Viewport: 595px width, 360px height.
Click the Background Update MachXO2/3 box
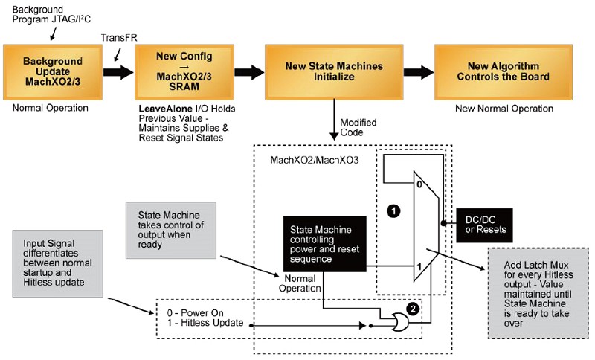pos(53,72)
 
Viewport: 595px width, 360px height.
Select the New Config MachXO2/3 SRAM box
pos(184,72)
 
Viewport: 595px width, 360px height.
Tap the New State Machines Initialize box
pos(334,72)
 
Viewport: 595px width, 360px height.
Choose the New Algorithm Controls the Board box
pos(504,72)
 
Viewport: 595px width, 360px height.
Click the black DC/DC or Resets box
pos(484,225)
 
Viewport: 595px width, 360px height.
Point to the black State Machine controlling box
pos(325,244)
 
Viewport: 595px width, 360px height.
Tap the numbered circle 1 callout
pos(393,211)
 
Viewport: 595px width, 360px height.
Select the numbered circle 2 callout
pos(413,309)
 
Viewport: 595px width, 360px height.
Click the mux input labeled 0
pos(419,184)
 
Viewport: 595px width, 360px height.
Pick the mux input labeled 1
pos(419,267)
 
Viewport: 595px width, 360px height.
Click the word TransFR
pos(119,38)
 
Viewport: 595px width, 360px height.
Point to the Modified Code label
pos(358,127)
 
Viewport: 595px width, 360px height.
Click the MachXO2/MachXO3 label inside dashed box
pos(314,160)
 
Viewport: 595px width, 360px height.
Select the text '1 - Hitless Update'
pos(205,323)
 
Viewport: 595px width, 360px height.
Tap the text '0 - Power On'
pos(196,313)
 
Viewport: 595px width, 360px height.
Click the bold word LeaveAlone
pos(165,109)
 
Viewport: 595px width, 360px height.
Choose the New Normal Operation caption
pos(504,109)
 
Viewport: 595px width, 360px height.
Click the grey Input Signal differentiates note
pos(58,263)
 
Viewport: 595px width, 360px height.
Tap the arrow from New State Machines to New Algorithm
pos(419,71)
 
